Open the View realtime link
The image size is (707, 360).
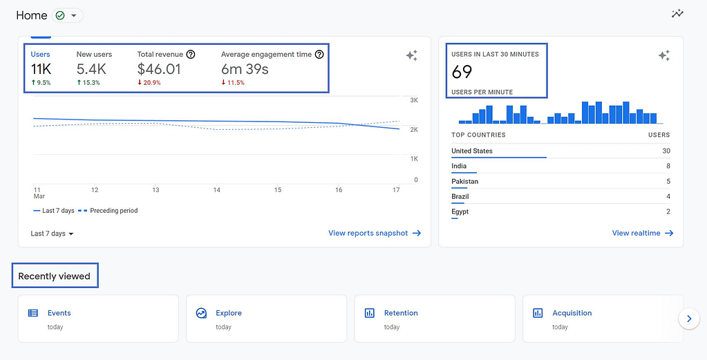[642, 234]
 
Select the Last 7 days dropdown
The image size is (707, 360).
[52, 234]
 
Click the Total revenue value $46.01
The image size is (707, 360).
[159, 69]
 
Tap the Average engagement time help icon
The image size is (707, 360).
[319, 54]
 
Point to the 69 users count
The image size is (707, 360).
[462, 71]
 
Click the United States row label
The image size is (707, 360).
[472, 151]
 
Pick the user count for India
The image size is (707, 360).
[668, 166]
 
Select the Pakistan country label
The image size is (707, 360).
[464, 181]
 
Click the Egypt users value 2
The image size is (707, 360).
[668, 211]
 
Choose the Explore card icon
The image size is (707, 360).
[201, 313]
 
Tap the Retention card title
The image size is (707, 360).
[401, 313]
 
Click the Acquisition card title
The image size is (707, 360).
[572, 313]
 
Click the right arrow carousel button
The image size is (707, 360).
[688, 319]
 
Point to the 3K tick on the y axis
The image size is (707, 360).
[414, 101]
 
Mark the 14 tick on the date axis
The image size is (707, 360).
[216, 189]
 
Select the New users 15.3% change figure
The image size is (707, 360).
[88, 83]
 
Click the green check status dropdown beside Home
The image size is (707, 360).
[67, 15]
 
